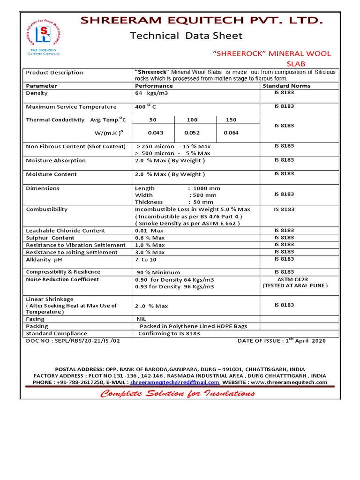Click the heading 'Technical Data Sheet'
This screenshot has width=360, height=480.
coord(186,36)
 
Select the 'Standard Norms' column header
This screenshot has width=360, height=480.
coord(286,86)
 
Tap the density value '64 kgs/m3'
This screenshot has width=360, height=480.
coord(151,93)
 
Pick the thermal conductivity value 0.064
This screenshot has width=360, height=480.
coord(231,133)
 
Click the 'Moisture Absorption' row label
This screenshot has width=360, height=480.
coord(56,160)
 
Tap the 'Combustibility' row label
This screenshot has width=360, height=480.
coord(47,209)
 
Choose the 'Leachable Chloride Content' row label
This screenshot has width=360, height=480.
coord(66,231)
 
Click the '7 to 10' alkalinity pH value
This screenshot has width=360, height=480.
coord(146,259)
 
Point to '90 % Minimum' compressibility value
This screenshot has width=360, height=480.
coord(158,272)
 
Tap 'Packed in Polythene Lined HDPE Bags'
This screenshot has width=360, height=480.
coord(193,326)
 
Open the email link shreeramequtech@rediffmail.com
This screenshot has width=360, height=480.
coord(174,382)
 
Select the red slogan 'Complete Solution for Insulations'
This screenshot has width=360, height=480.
coord(178,393)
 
